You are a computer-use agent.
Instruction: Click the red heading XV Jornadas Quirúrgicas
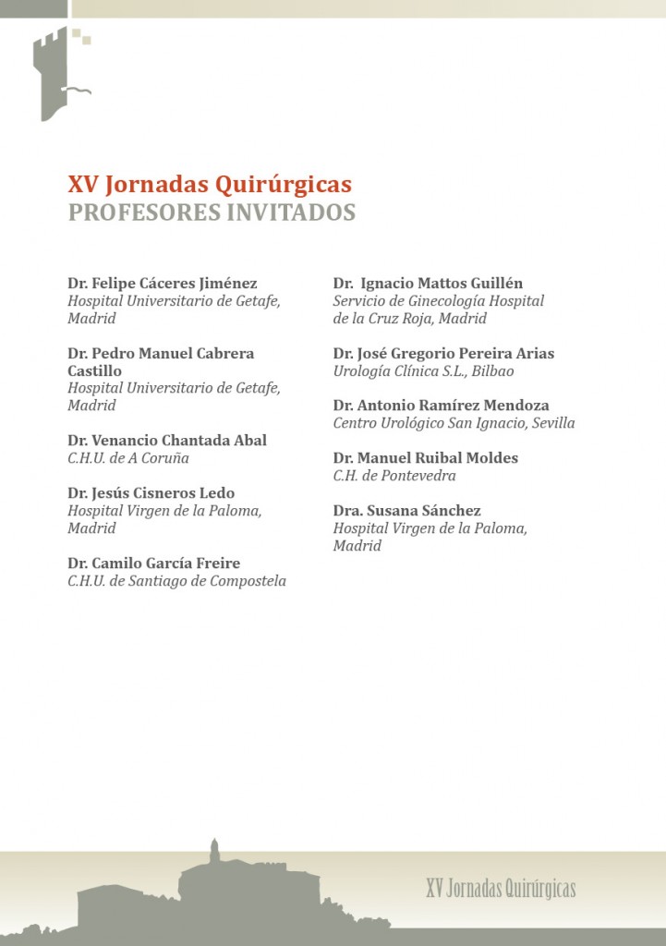point(210,185)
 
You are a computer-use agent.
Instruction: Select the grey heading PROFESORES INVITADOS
point(212,212)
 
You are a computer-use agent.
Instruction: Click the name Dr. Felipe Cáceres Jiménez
point(163,284)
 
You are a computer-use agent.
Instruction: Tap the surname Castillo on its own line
point(95,370)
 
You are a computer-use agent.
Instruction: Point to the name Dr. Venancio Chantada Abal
point(167,441)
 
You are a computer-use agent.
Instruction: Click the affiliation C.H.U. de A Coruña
point(127,458)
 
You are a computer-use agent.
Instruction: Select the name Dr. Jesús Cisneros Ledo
point(151,493)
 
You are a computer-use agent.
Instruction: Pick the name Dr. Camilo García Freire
point(154,564)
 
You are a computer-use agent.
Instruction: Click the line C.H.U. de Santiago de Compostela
point(176,581)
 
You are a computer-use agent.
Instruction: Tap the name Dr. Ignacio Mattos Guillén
point(428,284)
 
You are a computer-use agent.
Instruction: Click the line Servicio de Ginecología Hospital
point(439,301)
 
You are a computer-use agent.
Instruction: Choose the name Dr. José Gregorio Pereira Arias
point(443,354)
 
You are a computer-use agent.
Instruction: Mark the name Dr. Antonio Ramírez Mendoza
point(442,406)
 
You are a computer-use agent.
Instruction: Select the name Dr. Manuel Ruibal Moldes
point(426,458)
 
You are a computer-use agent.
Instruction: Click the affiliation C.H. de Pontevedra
point(394,476)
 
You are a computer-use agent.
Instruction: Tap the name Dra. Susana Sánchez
point(407,511)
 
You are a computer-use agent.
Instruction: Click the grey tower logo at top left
point(58,74)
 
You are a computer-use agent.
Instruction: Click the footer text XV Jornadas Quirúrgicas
point(501,889)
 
